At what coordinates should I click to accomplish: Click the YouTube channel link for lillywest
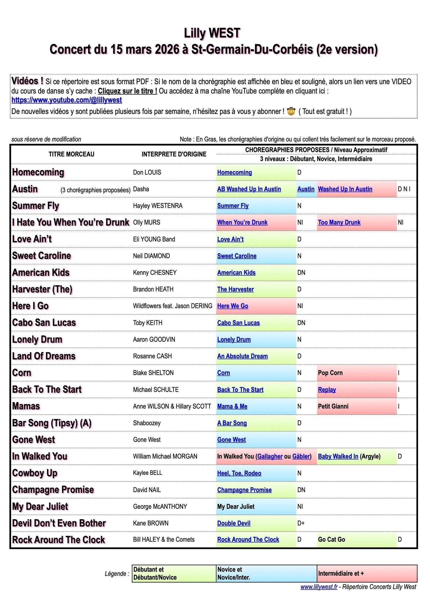(x=67, y=100)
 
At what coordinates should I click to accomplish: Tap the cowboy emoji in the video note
(x=291, y=112)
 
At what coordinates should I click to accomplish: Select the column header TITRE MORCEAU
(x=71, y=154)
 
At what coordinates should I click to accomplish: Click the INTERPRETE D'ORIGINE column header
(x=174, y=154)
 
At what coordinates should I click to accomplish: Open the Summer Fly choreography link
(x=233, y=206)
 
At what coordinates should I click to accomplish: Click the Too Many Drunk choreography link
(x=339, y=222)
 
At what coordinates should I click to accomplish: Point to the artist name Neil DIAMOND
(x=151, y=256)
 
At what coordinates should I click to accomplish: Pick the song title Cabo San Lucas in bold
(x=44, y=323)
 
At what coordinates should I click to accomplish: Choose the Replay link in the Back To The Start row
(x=327, y=390)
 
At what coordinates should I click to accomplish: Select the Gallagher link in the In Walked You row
(x=270, y=456)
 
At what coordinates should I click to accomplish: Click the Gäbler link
(x=301, y=456)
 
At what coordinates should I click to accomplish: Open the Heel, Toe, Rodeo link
(x=239, y=473)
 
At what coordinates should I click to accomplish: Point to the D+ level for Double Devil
(x=301, y=523)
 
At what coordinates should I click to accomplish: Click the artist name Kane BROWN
(x=151, y=523)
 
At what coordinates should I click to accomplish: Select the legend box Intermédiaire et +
(x=367, y=573)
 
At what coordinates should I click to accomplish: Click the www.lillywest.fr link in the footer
(x=319, y=587)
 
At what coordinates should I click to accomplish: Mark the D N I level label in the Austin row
(x=404, y=189)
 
